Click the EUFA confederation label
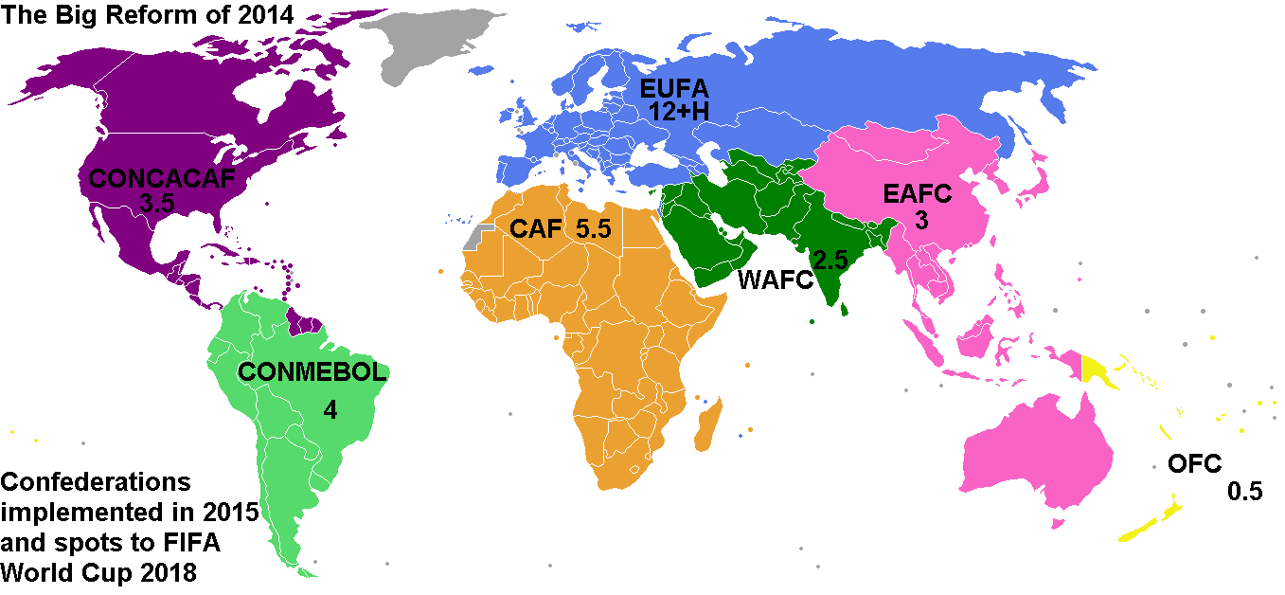click(x=674, y=90)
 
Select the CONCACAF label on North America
click(x=160, y=179)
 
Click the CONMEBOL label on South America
click(x=312, y=372)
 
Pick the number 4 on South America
click(x=330, y=410)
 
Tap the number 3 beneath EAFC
click(x=921, y=220)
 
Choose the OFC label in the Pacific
click(x=1194, y=464)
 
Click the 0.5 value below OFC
click(x=1245, y=493)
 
